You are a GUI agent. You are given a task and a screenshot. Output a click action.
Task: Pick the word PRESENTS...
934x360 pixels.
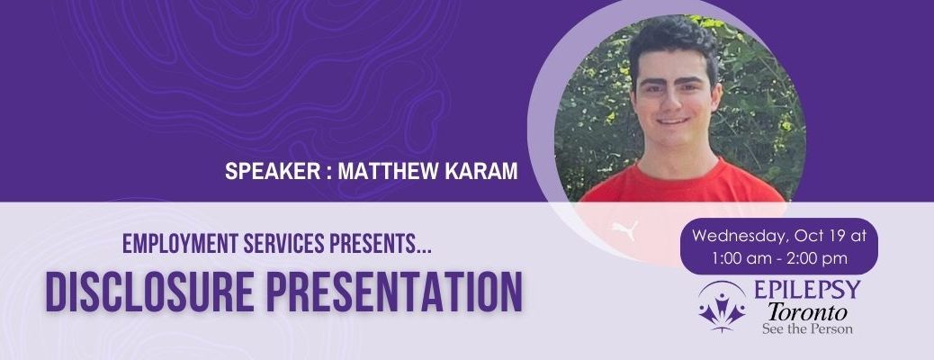click(x=381, y=243)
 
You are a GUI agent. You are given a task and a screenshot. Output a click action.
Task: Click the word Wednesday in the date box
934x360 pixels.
click(x=738, y=236)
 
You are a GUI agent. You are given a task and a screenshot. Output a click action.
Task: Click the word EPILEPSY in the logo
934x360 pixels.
click(x=808, y=290)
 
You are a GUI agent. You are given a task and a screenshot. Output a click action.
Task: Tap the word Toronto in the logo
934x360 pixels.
click(x=807, y=311)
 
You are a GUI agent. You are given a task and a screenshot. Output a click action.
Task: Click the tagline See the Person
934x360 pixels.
click(x=807, y=328)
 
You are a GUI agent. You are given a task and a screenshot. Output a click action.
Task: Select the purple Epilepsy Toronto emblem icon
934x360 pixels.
click(x=722, y=305)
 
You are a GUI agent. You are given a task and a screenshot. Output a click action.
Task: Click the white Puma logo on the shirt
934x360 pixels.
click(x=624, y=230)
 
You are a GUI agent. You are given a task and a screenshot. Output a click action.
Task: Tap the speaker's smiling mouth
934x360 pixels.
click(x=674, y=121)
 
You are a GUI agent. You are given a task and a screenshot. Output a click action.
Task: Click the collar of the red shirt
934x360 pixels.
click(x=679, y=173)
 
